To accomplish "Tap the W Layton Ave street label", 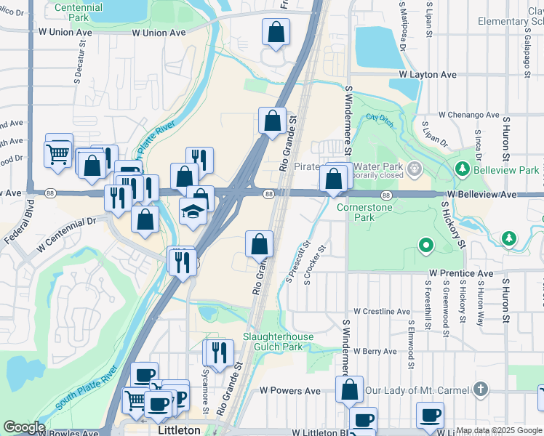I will click(x=427, y=74).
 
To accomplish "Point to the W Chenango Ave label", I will click(x=469, y=115).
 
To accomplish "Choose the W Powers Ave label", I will click(x=290, y=390).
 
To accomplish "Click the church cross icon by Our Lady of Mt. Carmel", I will click(x=480, y=390).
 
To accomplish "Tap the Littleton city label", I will click(x=179, y=430).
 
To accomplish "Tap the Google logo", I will click(x=23, y=427).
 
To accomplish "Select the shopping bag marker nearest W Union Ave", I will click(x=276, y=33).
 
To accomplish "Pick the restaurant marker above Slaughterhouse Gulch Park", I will click(x=217, y=353).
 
